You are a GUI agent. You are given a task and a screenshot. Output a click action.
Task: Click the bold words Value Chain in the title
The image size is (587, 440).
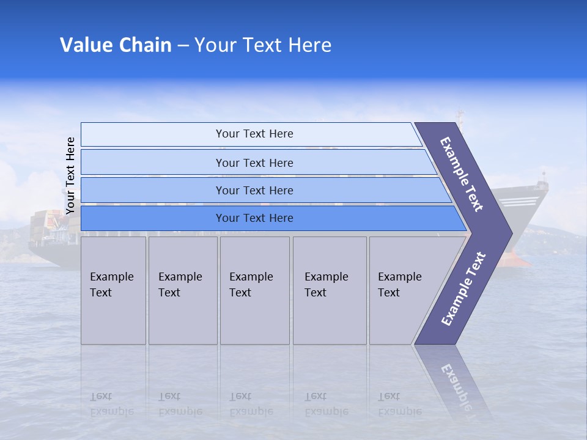[x=116, y=45]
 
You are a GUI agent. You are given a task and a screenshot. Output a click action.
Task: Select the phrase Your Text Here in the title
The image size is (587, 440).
[x=263, y=45]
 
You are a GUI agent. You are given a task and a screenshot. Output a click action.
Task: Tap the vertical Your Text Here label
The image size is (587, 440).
[x=70, y=175]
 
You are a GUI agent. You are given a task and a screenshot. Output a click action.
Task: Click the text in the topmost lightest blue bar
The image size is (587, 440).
[x=254, y=134]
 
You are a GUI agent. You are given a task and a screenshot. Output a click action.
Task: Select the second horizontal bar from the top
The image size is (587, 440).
[x=254, y=163]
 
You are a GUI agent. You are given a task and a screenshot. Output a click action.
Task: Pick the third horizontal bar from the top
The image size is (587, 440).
[x=254, y=191]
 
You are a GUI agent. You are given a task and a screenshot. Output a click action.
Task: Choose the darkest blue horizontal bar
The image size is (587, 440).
[x=254, y=218]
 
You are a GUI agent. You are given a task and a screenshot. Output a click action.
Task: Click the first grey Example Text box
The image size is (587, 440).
[x=113, y=290]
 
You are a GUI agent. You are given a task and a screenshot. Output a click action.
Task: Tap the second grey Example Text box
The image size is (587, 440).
[x=182, y=290]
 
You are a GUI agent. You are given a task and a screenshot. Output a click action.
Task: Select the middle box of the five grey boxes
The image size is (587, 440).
[x=254, y=290]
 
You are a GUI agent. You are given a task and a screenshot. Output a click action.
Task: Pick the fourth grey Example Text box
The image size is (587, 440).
[x=329, y=290]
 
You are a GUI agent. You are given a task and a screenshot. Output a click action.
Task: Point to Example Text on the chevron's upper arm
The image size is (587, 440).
[x=462, y=174]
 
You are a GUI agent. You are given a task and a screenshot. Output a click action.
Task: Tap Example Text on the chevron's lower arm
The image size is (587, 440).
[x=463, y=289]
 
